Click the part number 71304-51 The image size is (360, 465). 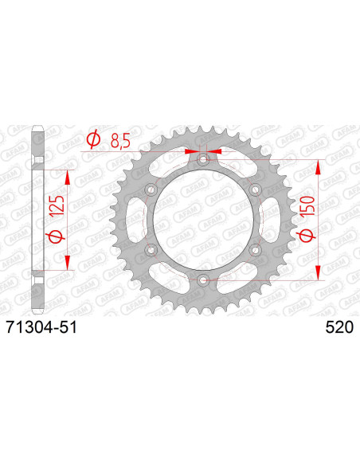tap(41, 326)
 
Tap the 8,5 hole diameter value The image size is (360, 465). tap(119, 141)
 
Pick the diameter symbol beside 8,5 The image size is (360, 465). tap(92, 141)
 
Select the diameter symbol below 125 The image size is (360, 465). tap(56, 236)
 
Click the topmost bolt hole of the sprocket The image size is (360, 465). tap(203, 160)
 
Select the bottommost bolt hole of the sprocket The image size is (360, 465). tap(203, 279)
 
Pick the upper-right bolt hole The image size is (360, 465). tap(255, 190)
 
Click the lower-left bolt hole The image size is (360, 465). tap(151, 250)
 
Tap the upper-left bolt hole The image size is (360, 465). tap(151, 190)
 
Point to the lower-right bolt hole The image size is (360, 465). tap(255, 250)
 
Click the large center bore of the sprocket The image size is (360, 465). tap(203, 220)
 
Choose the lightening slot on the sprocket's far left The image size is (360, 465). tap(131, 220)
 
